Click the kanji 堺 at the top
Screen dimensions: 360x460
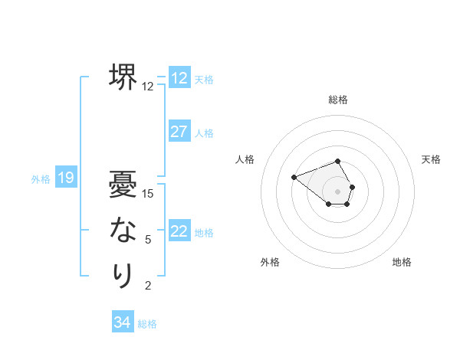(x=123, y=77)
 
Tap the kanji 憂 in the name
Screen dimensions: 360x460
(x=123, y=185)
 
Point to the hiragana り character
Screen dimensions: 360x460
(x=123, y=275)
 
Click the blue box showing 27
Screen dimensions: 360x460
(x=179, y=132)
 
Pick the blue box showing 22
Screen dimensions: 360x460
(x=179, y=231)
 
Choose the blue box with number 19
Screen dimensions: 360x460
(x=66, y=178)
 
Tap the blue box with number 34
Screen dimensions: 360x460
(x=123, y=322)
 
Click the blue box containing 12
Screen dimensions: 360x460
(x=179, y=77)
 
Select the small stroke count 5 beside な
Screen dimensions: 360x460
(x=148, y=240)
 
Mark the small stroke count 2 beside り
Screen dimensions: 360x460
(x=148, y=286)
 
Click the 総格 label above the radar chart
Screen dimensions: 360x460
(x=338, y=100)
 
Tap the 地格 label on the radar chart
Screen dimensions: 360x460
(x=402, y=262)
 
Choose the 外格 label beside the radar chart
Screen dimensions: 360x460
(x=270, y=262)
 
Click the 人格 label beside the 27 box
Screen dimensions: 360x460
(x=204, y=133)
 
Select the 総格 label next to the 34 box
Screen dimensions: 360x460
(x=147, y=324)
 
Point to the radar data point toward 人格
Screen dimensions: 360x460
(x=294, y=177)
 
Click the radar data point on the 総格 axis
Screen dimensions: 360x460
(x=338, y=161)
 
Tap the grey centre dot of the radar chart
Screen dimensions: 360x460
(x=338, y=191)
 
